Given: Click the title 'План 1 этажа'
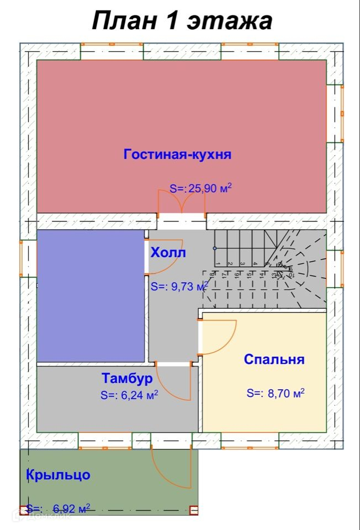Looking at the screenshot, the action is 182,22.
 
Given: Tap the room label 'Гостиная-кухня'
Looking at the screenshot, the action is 177,154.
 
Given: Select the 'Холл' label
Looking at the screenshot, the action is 168,253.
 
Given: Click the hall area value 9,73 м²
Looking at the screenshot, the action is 179,287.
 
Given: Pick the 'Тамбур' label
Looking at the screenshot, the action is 127,379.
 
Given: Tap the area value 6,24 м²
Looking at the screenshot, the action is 130,395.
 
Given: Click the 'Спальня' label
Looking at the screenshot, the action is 274,359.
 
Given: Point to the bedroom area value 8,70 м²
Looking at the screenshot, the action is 276,394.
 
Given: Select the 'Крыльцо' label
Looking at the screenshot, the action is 58,475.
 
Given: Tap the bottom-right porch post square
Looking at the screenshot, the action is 193,511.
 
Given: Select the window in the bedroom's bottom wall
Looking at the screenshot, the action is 250,440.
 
